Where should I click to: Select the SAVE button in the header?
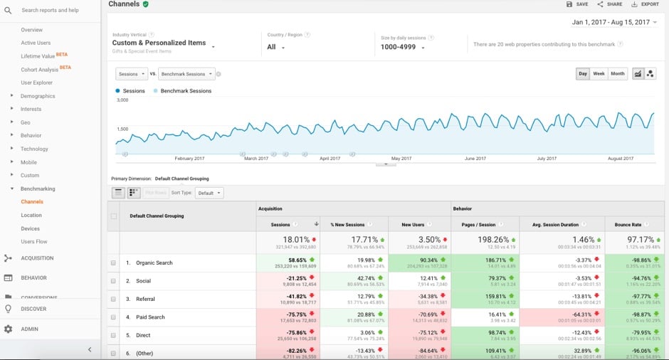pyautogui.click(x=577, y=4)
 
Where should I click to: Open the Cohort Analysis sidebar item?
pyautogui.click(x=41, y=69)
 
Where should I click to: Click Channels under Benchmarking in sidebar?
pyautogui.click(x=32, y=202)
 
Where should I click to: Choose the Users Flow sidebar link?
pyautogui.click(x=34, y=242)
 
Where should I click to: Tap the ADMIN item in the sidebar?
pyautogui.click(x=29, y=329)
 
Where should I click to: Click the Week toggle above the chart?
pyautogui.click(x=599, y=74)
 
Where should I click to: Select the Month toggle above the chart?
pyautogui.click(x=617, y=74)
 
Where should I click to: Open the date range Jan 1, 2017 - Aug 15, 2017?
pyautogui.click(x=616, y=23)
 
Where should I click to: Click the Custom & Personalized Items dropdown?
pyautogui.click(x=164, y=43)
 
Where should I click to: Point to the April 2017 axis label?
pyautogui.click(x=330, y=159)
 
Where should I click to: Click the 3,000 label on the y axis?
pyautogui.click(x=122, y=100)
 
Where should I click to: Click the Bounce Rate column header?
pyautogui.click(x=629, y=225)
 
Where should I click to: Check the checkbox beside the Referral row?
pyautogui.click(x=113, y=299)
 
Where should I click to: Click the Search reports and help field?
pyautogui.click(x=50, y=11)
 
